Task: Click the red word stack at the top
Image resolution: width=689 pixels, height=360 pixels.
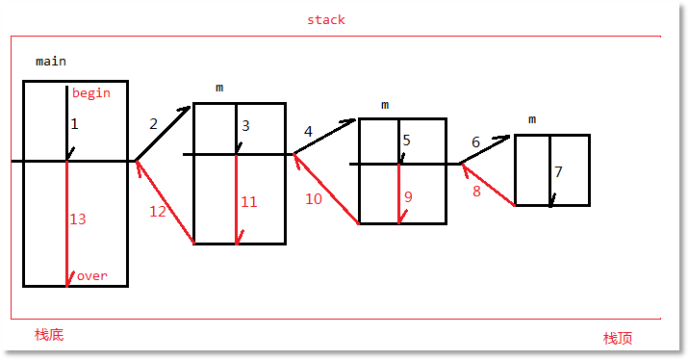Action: (325, 19)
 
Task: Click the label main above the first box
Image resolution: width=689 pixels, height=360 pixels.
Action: (51, 61)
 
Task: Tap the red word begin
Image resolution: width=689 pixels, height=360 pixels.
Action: (91, 93)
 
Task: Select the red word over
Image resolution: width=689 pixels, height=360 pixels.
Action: (92, 275)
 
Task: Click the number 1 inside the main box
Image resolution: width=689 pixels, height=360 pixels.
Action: (74, 124)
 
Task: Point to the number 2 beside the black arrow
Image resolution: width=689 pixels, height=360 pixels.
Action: (153, 123)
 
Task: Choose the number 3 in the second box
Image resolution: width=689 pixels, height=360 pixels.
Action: (245, 125)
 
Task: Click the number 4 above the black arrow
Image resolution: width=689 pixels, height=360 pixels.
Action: (308, 131)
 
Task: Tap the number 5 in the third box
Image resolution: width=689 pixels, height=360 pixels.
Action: (406, 141)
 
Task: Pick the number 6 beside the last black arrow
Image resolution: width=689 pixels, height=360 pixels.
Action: (475, 142)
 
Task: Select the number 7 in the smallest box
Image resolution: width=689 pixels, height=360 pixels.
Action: (558, 172)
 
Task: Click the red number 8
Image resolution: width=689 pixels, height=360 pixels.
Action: (475, 191)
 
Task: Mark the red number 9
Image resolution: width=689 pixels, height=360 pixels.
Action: (408, 196)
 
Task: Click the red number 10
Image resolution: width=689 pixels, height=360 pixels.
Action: (314, 199)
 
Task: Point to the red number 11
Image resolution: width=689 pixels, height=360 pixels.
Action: (248, 202)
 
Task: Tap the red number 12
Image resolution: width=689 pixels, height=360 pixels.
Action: (158, 212)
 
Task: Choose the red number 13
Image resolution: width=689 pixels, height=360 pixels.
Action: (78, 219)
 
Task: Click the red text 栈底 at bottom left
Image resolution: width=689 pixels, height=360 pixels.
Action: (49, 334)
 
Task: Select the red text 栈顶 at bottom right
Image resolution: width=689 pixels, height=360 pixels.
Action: (617, 338)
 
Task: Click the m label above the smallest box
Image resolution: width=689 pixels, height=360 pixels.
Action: (532, 119)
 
